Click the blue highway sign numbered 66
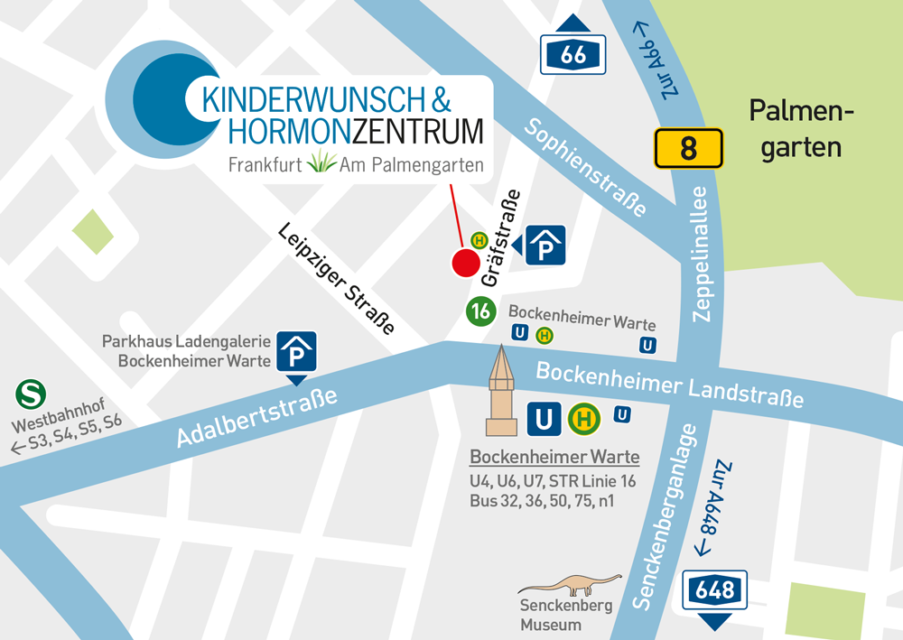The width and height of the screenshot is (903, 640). tap(573, 54)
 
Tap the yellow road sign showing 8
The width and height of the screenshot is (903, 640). tap(688, 148)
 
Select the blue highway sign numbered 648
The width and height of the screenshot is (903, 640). tap(715, 591)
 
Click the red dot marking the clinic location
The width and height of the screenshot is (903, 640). tap(465, 263)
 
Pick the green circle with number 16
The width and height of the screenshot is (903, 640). tap(481, 311)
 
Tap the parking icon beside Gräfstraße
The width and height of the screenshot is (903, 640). tap(545, 246)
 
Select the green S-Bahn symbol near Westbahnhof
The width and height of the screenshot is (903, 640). tap(32, 394)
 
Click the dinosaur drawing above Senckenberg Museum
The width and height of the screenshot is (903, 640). tap(570, 583)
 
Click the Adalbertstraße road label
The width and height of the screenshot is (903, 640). tap(257, 418)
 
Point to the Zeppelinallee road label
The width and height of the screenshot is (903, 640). tap(703, 255)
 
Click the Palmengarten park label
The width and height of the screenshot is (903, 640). tap(801, 129)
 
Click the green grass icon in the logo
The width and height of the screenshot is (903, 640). tap(321, 162)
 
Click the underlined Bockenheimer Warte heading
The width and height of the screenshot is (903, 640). tap(554, 456)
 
